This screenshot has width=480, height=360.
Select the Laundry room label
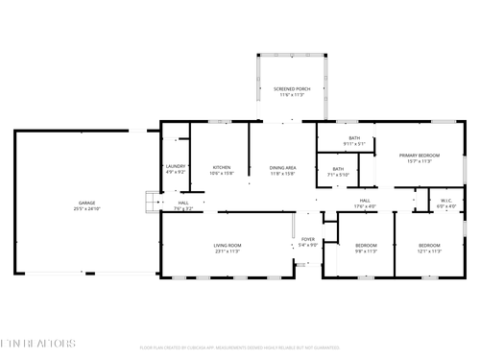(x=175, y=166)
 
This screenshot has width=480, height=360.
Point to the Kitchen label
(x=222, y=166)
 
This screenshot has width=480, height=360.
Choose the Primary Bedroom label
(x=420, y=155)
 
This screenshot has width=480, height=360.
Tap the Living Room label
(x=228, y=246)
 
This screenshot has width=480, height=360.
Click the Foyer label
(x=307, y=239)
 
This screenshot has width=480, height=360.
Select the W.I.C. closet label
(x=446, y=202)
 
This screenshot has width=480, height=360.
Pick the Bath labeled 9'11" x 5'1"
(x=354, y=139)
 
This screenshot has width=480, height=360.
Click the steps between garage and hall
(x=151, y=203)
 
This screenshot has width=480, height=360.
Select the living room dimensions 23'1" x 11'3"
(x=228, y=252)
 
